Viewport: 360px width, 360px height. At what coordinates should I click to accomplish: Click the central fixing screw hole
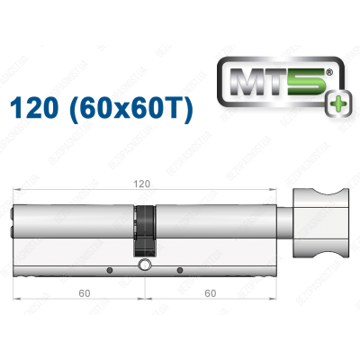pos(144,265)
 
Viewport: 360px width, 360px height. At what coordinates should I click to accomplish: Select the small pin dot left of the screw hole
pos(108,269)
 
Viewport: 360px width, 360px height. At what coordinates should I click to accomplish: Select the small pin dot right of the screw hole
pos(179,269)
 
